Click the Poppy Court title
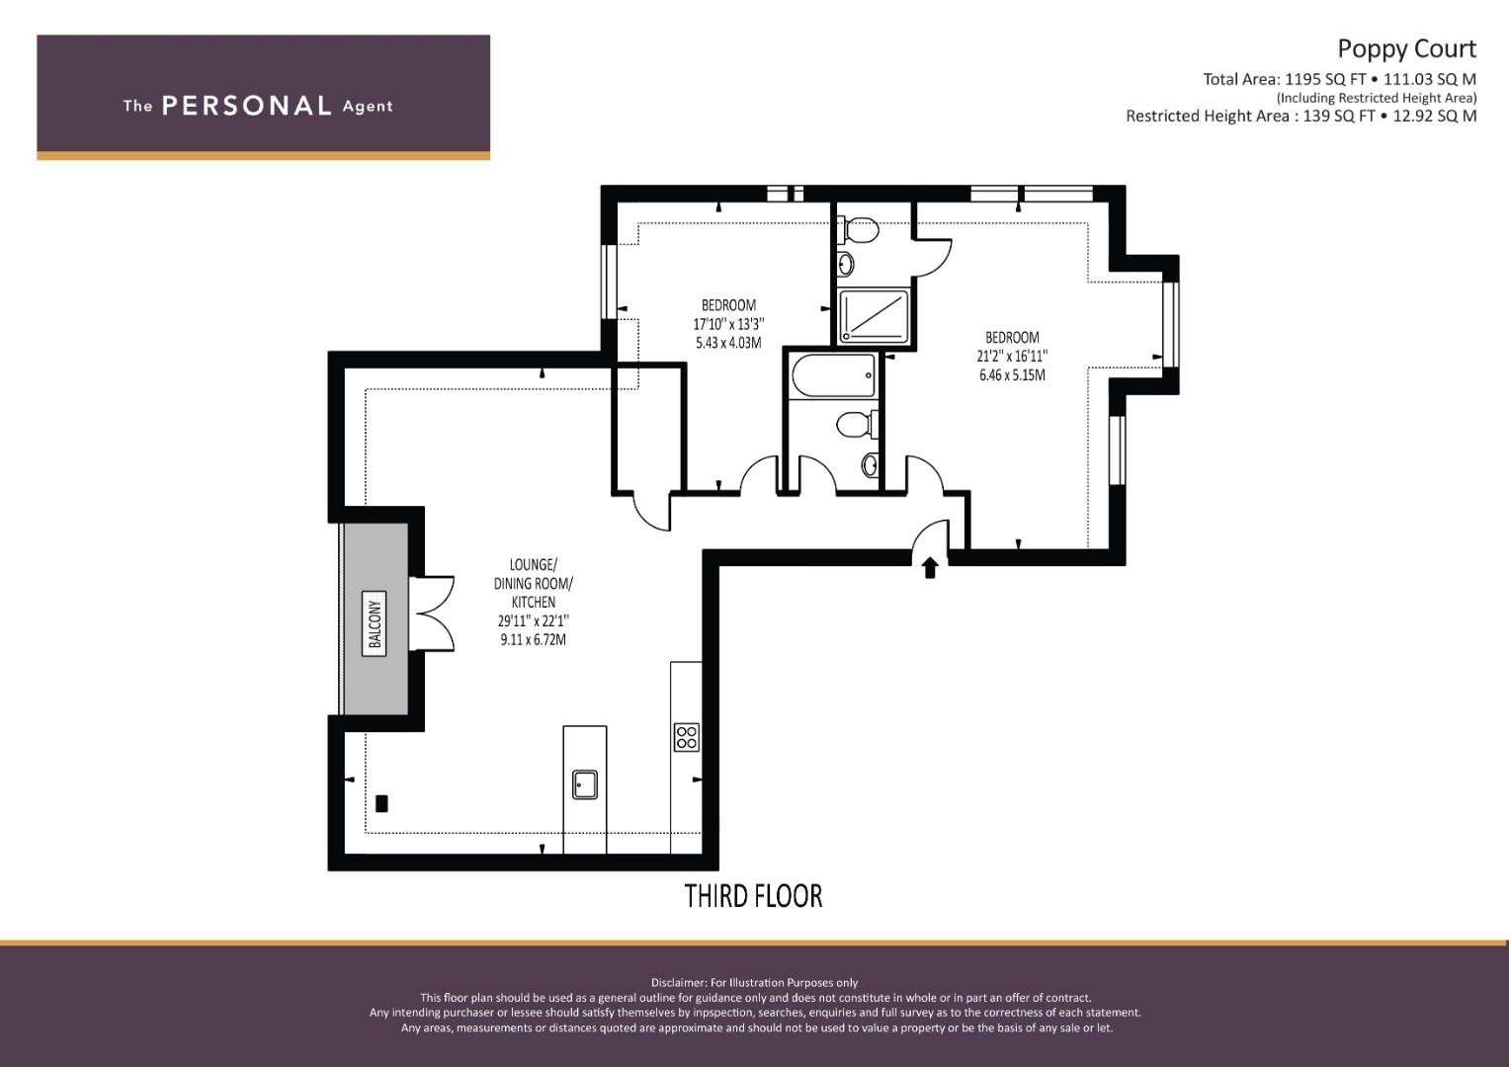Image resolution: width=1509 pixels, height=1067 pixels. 1406,49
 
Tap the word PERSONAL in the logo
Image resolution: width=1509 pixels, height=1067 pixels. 247,106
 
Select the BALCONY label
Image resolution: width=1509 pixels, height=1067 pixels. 375,623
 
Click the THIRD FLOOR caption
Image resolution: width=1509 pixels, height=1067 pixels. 753,897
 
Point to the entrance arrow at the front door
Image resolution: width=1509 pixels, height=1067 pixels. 930,568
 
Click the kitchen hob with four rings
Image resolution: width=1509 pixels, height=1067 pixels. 687,737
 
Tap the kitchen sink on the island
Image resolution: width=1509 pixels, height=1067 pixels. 585,784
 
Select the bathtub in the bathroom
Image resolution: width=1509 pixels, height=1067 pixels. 834,375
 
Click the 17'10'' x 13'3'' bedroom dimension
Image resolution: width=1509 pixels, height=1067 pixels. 729,324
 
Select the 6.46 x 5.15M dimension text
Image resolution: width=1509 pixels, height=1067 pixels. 1012,375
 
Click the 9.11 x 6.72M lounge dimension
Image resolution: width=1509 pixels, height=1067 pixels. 533,639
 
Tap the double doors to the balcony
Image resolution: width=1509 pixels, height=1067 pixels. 431,613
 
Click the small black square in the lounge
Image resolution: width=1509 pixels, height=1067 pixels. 381,803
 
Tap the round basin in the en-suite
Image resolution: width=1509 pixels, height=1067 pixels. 846,264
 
